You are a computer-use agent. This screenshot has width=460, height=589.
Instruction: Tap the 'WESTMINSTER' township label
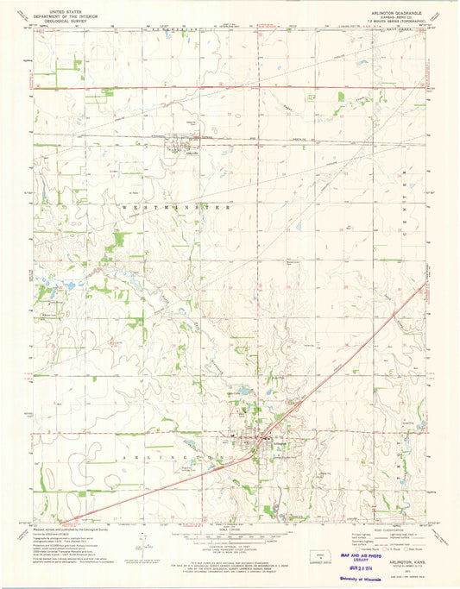click(x=177, y=208)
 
